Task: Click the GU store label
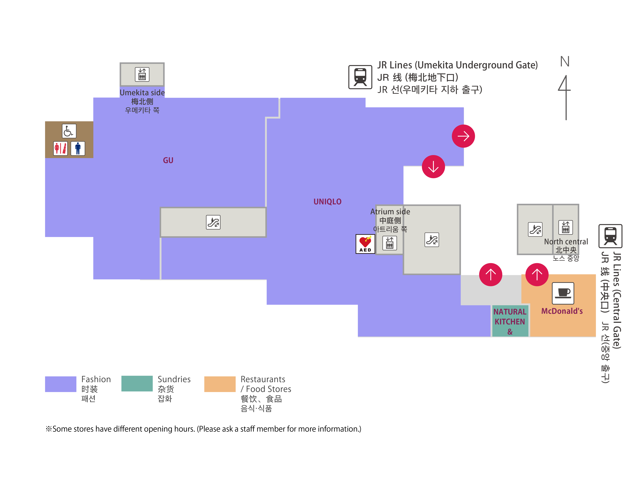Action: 168,160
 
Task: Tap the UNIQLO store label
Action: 327,202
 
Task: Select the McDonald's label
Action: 562,311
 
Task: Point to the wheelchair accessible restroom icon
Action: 69,131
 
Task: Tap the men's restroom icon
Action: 78,148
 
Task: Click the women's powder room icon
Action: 61,148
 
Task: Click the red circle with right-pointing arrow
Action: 463,136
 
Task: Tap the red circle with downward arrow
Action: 433,167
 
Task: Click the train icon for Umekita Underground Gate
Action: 360,77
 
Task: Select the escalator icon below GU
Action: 213,222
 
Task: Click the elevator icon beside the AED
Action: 390,243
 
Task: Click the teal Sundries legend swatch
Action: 137,384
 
